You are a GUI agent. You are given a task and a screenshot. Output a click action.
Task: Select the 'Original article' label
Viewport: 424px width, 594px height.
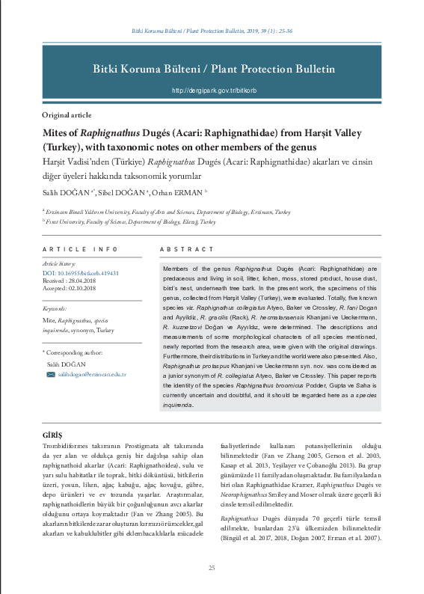67,115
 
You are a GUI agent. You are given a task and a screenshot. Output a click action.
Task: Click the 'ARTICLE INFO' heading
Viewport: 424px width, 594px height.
80,249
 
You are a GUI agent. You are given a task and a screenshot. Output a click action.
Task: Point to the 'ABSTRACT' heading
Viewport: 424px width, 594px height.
187,249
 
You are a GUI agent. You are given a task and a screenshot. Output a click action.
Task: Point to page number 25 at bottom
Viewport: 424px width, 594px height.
212,569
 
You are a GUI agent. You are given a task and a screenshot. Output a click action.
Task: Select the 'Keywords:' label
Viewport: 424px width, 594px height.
55,308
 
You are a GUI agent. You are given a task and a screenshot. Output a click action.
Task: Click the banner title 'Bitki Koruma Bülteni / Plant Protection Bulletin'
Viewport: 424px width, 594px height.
213,69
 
